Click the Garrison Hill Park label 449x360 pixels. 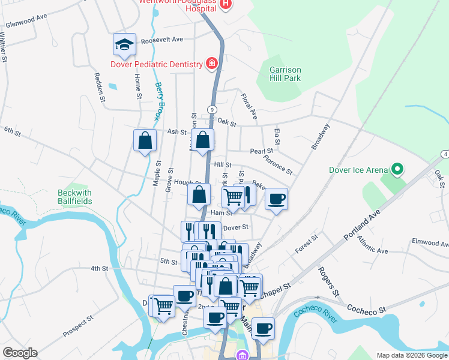pyautogui.click(x=285, y=74)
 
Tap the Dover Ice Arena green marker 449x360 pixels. pyautogui.click(x=396, y=170)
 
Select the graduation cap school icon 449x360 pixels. pyautogui.click(x=124, y=44)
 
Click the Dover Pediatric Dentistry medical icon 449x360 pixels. pyautogui.click(x=211, y=63)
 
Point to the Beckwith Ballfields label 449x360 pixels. pyautogui.click(x=75, y=197)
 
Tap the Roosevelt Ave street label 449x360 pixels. pyautogui.click(x=161, y=40)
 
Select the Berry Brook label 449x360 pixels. pyautogui.click(x=159, y=100)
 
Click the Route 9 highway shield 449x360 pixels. pyautogui.click(x=212, y=109)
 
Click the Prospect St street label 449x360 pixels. pyautogui.click(x=79, y=326)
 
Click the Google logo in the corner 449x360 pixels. pyautogui.click(x=19, y=353)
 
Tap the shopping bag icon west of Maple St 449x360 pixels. pyautogui.click(x=145, y=140)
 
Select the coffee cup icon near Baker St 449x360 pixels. pyautogui.click(x=276, y=199)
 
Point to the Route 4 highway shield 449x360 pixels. pyautogui.click(x=444, y=155)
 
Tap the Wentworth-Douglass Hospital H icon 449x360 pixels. pyautogui.click(x=226, y=5)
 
